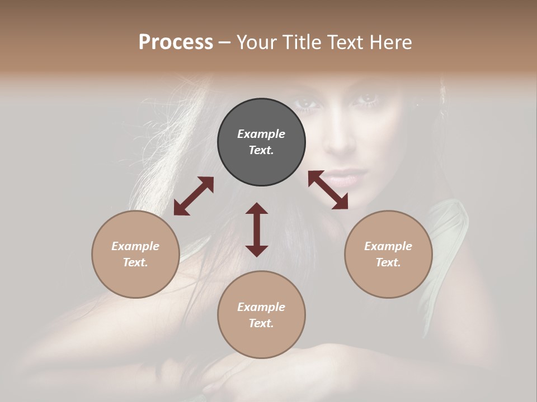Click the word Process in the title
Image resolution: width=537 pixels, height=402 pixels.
176,42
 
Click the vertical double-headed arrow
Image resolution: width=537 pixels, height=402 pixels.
257,229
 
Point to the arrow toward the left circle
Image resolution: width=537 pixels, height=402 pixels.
194,196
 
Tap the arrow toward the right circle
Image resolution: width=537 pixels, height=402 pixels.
328,190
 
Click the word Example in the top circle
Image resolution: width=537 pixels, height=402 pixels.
261,134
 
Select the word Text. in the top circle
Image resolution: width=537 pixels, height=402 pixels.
261,150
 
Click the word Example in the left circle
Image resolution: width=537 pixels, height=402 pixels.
135,246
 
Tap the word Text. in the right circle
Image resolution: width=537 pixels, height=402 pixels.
388,262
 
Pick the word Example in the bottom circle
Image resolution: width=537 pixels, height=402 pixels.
261,307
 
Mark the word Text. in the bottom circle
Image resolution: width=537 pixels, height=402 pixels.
261,323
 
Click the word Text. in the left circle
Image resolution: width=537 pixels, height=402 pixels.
135,262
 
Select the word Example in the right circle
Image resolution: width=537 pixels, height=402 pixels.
388,246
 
